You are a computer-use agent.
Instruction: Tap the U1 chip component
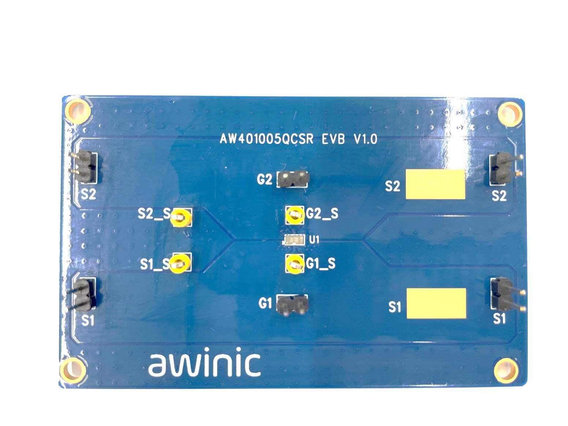294,239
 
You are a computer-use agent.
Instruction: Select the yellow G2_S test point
295,215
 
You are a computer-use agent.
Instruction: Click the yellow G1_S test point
295,264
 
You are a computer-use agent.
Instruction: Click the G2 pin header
293,179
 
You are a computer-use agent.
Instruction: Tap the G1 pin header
292,305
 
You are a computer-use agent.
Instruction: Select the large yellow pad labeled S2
435,184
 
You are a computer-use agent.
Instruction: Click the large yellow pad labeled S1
436,303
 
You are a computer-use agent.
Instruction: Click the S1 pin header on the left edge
83,294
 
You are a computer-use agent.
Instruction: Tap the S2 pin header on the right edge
505,168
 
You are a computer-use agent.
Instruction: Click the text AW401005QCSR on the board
266,139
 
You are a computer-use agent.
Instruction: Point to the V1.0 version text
365,139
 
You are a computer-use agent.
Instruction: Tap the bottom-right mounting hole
507,370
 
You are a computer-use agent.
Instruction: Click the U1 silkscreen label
314,239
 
